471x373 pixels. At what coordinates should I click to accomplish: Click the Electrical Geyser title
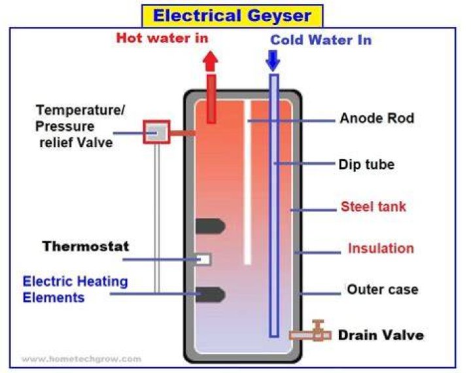[x=232, y=16]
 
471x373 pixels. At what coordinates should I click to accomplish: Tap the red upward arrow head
[x=210, y=60]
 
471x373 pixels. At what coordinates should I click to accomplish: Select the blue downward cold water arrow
[x=273, y=61]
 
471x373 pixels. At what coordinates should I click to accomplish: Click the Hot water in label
[x=162, y=38]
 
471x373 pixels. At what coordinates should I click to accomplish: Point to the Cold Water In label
[x=321, y=40]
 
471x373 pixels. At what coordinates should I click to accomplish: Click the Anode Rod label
[x=377, y=118]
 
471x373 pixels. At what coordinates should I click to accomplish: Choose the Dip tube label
[x=366, y=165]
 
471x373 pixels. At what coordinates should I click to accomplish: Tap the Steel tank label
[x=374, y=207]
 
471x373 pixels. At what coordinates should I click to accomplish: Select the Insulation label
[x=381, y=248]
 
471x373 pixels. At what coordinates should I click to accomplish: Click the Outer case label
[x=383, y=289]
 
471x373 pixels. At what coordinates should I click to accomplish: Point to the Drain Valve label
[x=381, y=335]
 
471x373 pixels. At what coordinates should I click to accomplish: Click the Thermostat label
[x=86, y=246]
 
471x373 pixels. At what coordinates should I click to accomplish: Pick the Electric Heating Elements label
[x=75, y=289]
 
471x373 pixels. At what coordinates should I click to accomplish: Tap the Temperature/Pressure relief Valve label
[x=80, y=126]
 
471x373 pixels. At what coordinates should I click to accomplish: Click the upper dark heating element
[x=210, y=226]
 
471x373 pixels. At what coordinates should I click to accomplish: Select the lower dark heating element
[x=210, y=294]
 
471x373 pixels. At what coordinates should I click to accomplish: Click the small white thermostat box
[x=204, y=259]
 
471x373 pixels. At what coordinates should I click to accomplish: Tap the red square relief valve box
[x=156, y=132]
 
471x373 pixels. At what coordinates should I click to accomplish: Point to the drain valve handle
[x=318, y=325]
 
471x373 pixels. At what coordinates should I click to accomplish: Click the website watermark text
[x=81, y=359]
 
